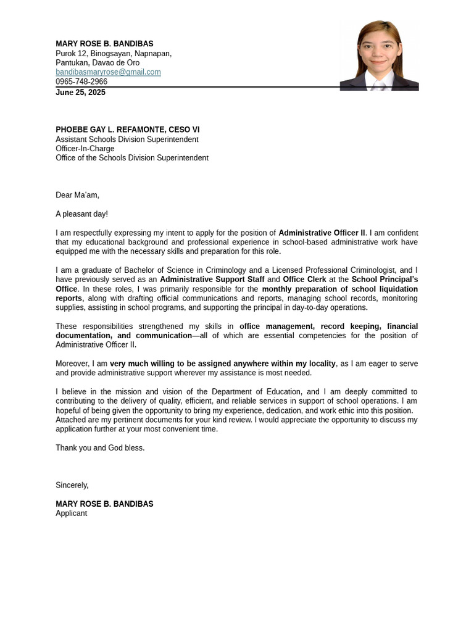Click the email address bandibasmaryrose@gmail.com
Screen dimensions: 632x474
click(x=108, y=72)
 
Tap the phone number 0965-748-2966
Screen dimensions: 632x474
click(x=81, y=81)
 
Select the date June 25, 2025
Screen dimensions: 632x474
click(x=80, y=93)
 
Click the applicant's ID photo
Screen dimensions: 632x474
click(x=379, y=56)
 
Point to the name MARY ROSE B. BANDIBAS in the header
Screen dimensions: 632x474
click(x=104, y=44)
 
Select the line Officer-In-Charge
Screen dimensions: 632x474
click(x=85, y=149)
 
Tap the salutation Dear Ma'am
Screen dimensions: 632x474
click(x=77, y=195)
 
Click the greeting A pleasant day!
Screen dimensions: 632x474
click(x=81, y=214)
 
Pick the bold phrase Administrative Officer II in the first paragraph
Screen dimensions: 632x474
click(x=322, y=233)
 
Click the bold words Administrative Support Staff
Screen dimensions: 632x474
click(x=212, y=280)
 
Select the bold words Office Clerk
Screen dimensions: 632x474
click(x=304, y=280)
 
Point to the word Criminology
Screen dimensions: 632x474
click(x=222, y=270)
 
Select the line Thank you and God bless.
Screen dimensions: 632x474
click(x=100, y=448)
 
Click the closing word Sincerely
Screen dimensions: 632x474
click(x=72, y=485)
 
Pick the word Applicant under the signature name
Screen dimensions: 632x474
click(x=71, y=513)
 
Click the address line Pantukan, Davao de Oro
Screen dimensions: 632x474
click(x=98, y=63)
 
